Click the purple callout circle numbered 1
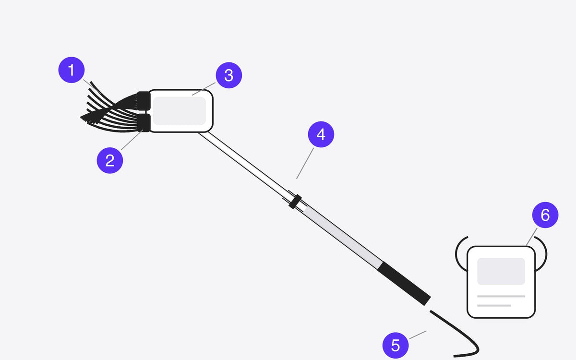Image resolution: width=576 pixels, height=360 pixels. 72,70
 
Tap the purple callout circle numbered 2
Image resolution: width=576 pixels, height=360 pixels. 110,160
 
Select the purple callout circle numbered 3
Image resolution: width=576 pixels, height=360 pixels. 229,75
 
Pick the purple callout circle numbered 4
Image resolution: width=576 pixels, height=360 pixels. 321,134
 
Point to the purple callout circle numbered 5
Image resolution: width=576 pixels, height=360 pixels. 396,345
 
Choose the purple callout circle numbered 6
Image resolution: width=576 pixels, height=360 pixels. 545,215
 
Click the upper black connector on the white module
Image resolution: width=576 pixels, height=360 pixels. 144,100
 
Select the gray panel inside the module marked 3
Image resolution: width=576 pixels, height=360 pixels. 180,111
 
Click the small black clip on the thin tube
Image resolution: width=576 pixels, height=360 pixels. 295,202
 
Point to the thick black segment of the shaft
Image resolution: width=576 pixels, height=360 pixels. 404,284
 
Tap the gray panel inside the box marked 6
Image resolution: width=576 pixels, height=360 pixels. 501,271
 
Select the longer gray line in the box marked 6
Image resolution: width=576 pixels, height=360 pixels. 501,296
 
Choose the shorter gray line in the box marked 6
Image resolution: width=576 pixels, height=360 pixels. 494,305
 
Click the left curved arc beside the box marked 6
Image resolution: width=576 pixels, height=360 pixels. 456,254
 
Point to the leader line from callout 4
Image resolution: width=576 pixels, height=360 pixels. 305,163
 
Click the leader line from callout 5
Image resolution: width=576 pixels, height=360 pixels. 418,335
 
